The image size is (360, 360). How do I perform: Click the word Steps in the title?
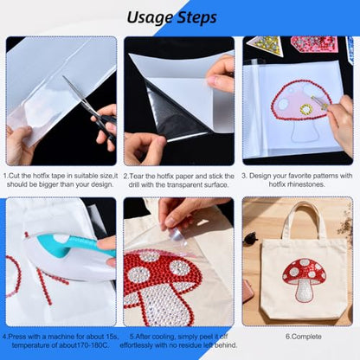tap(196, 18)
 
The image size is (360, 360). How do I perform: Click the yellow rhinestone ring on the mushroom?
tap(306, 109)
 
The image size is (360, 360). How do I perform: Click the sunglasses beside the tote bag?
tap(250, 238)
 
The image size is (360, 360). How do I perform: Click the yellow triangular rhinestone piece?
tap(265, 45)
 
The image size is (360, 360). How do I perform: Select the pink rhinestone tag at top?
tap(314, 44)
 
